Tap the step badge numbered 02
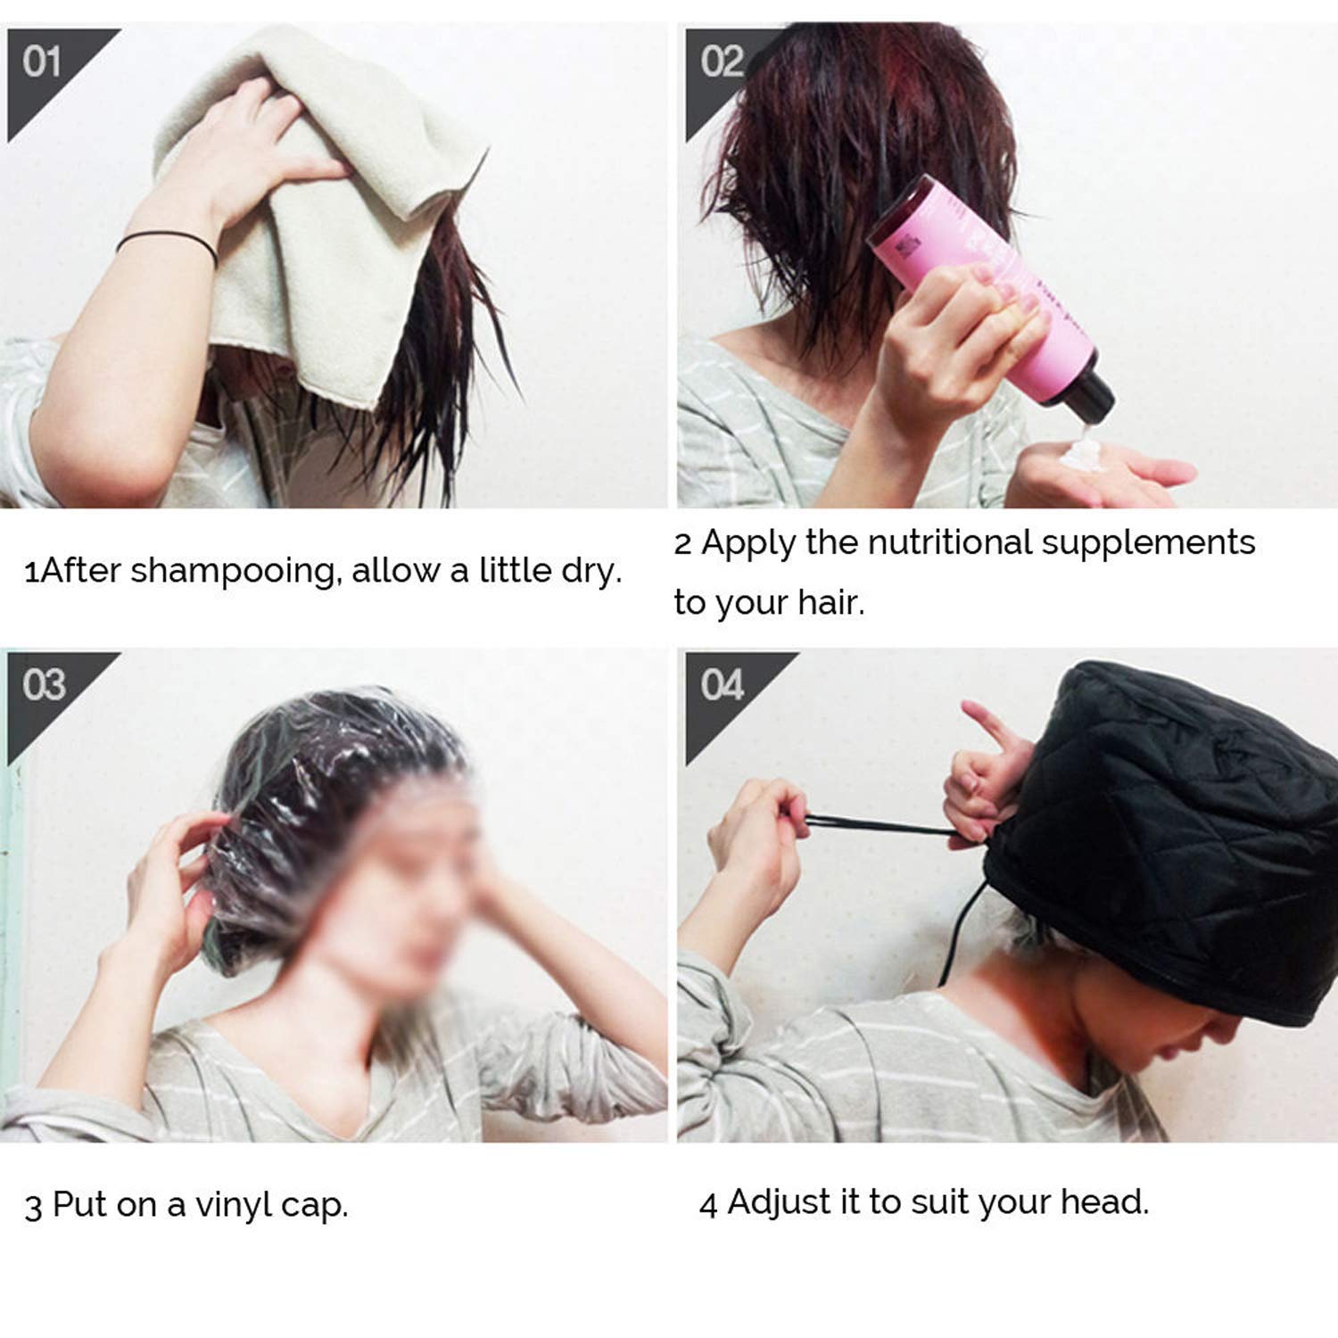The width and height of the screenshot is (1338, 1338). tap(721, 62)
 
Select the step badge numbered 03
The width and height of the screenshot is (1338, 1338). tap(44, 686)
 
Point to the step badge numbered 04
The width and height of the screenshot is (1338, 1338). tap(722, 686)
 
